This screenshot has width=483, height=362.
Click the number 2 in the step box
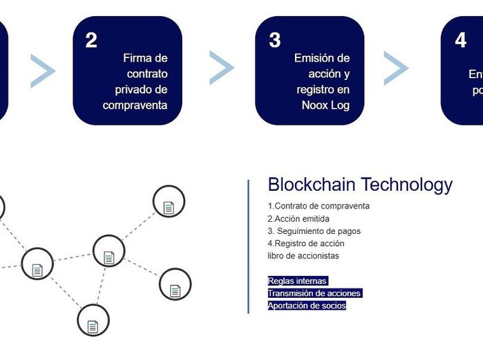tap(91, 41)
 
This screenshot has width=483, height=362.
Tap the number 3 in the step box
tap(275, 40)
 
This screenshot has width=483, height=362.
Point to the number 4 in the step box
tap(461, 40)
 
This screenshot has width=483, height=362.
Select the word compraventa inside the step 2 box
tap(135, 105)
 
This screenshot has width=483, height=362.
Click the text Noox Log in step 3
tap(325, 105)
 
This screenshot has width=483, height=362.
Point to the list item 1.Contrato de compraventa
tap(319, 206)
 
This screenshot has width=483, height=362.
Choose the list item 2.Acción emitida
tap(298, 218)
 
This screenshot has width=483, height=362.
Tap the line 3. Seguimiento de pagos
tap(314, 231)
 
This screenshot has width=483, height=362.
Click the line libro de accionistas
tap(304, 256)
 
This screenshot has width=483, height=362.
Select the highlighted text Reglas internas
tap(297, 281)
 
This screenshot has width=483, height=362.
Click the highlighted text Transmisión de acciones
tap(314, 293)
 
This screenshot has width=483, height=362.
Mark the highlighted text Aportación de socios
tap(307, 306)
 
